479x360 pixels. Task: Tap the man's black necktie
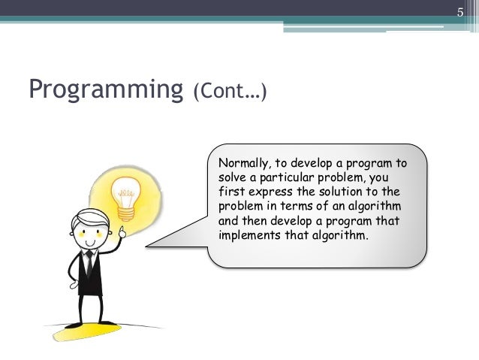(x=89, y=264)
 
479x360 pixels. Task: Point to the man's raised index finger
(x=119, y=225)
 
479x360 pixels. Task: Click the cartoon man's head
(x=89, y=228)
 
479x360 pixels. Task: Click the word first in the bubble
(x=230, y=191)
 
